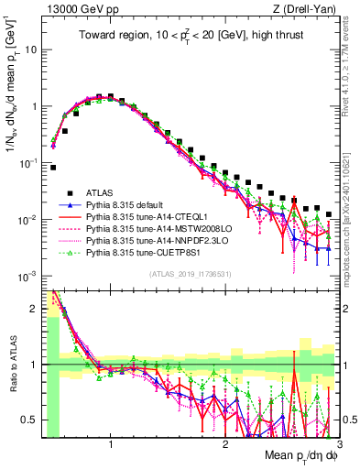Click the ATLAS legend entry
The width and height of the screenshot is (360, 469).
pos(101,192)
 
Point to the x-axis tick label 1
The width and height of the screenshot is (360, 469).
pos(111,444)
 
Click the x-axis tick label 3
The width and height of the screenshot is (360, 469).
pos(339,444)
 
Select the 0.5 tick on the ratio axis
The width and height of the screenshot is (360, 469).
pos(32,419)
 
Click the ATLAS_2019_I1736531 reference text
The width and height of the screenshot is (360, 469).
pos(189,274)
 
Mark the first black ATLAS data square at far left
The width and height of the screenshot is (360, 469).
pos(53,168)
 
